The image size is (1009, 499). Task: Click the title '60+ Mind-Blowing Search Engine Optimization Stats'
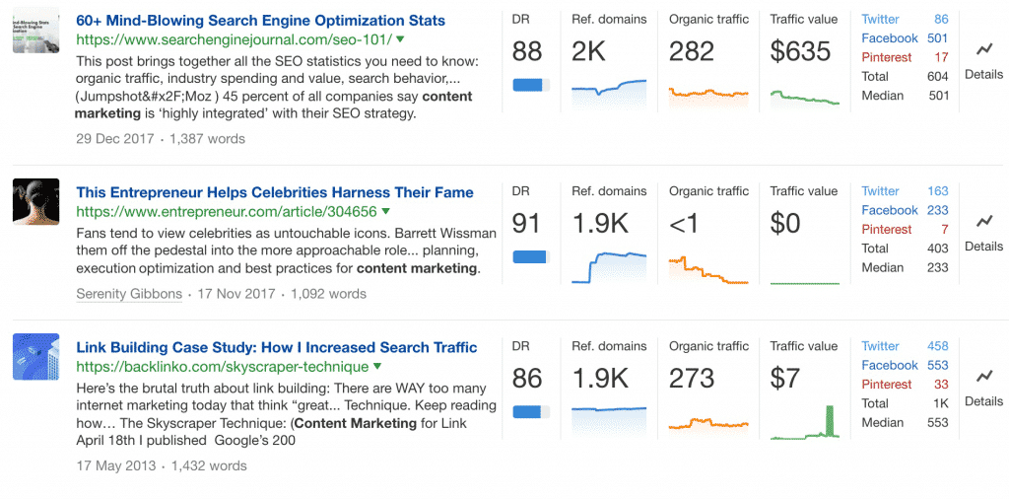(260, 21)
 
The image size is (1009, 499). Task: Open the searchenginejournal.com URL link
(234, 39)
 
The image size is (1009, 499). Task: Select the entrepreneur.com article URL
(227, 211)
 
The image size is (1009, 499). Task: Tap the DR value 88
(527, 51)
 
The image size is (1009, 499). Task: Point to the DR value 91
(527, 224)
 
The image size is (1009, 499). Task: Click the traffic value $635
(801, 51)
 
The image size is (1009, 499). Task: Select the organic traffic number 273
(693, 378)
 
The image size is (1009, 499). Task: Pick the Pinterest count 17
(941, 57)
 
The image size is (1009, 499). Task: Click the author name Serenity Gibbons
(129, 294)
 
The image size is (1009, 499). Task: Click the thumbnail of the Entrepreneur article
(36, 201)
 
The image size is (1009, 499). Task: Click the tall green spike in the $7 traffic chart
(829, 421)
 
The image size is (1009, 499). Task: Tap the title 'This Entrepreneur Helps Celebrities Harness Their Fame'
(275, 192)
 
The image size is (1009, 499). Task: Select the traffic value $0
(785, 224)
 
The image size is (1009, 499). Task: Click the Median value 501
(937, 96)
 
